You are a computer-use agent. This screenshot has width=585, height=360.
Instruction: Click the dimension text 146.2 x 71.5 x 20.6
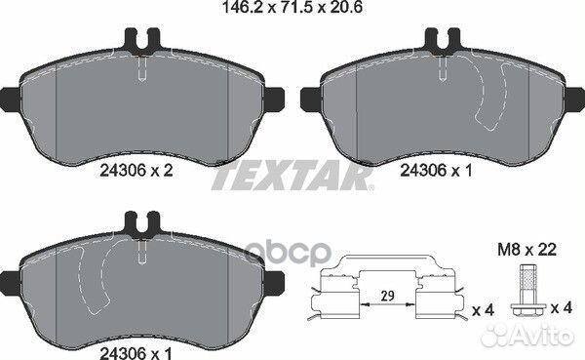point(292,11)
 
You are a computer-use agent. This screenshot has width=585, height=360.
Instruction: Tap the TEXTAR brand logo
point(292,177)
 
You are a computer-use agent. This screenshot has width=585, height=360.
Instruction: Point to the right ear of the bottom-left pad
point(277,283)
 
